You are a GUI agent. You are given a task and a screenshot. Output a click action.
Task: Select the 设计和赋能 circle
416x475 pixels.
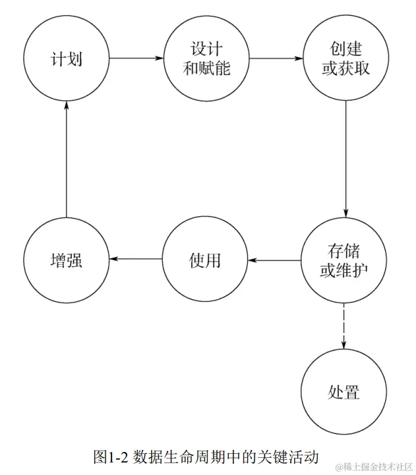point(206,59)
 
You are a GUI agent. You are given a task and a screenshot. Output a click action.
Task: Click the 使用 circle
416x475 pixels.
point(204,260)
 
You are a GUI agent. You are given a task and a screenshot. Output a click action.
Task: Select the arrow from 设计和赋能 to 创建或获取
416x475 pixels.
point(274,59)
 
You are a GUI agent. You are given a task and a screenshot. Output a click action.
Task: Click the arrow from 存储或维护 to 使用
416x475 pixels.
point(274,260)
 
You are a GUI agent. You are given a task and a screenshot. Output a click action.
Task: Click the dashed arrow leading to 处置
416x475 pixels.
point(343,326)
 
